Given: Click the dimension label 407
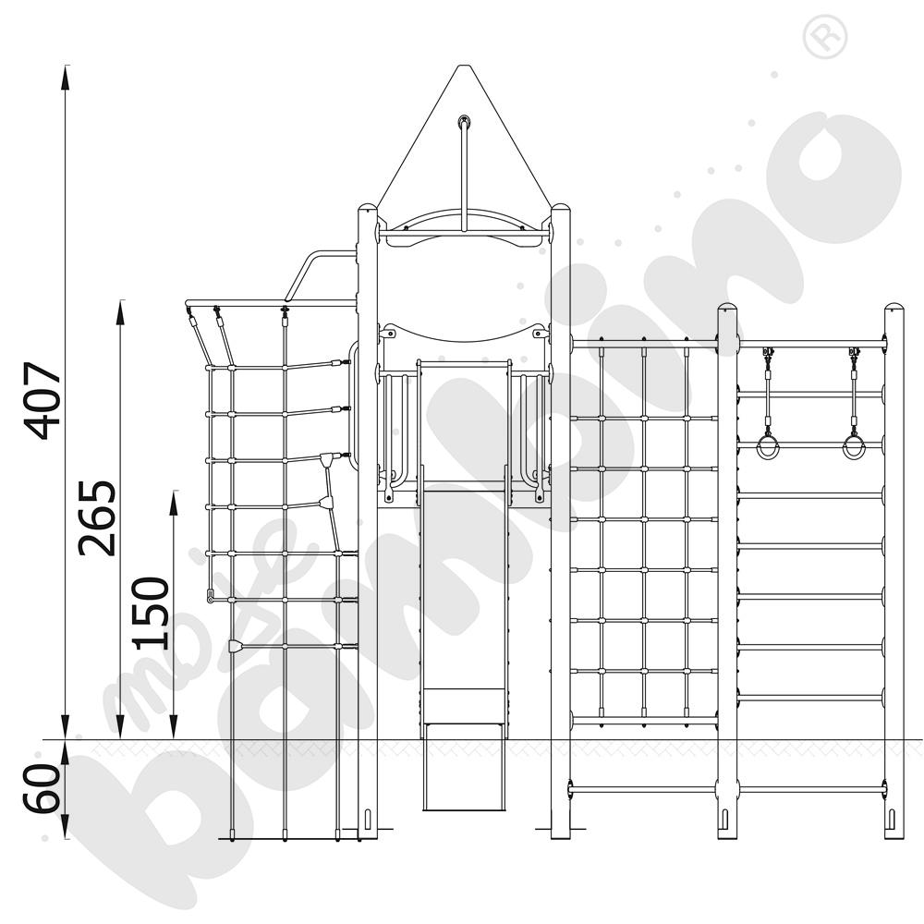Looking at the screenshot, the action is click(42, 401).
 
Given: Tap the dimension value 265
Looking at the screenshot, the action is click(97, 518).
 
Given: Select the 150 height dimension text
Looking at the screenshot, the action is click(151, 614).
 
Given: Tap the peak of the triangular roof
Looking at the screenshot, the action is click(463, 66).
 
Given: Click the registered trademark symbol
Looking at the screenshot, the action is click(825, 38).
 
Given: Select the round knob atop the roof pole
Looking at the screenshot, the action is click(465, 122).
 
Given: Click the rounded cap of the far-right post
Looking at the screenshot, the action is click(894, 309).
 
